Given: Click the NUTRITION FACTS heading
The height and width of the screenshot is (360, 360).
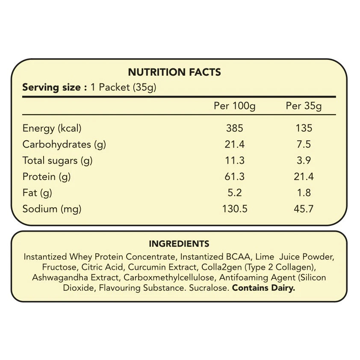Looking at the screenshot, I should pos(174,72).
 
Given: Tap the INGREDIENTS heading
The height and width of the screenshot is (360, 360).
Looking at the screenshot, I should pos(179,244).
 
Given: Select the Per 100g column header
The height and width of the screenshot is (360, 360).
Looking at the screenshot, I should pos(234,106).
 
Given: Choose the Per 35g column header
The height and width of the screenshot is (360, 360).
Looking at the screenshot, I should pos(304,106).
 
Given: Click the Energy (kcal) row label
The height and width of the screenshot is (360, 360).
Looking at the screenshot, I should pos(52,128).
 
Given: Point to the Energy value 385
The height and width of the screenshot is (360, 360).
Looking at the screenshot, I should pos(234,128).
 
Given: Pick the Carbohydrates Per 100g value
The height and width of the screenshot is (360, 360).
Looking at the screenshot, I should pos(234,144).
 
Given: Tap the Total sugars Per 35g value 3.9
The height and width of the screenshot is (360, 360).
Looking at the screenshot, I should pos(304,160).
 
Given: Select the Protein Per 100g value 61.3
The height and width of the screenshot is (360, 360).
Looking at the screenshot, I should pos(234,177).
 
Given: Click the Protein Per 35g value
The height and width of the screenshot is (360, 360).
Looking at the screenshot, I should pos(304,177).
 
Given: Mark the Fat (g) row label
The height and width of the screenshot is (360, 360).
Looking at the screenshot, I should pos(37,193).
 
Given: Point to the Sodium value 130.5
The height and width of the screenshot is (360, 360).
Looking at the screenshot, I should pos(234,209).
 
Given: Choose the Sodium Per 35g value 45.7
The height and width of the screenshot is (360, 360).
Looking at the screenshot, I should pos(304,209).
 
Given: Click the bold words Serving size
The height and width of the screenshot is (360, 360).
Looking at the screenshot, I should pos(51,88).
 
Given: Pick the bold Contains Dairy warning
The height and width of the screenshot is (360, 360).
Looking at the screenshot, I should pos(263,288).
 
